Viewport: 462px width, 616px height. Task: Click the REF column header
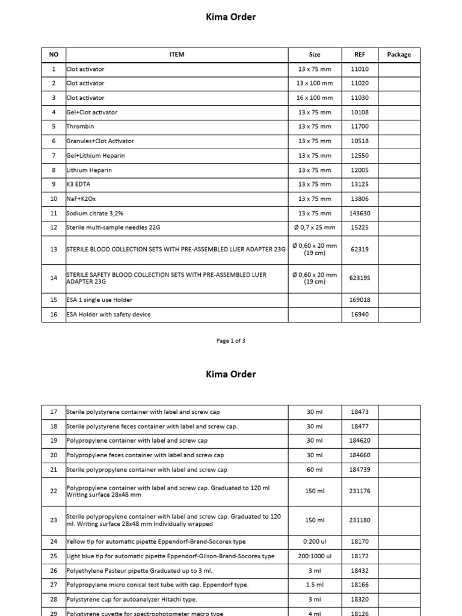tap(359, 55)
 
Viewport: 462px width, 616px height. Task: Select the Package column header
tap(399, 55)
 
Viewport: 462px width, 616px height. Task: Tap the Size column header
tap(314, 55)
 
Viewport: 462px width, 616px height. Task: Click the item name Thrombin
tap(81, 127)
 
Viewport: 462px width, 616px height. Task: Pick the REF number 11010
tap(359, 69)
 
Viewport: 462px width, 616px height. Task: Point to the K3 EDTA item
tap(79, 185)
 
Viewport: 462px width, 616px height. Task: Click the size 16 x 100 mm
tap(314, 98)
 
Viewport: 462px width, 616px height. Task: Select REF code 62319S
tap(359, 278)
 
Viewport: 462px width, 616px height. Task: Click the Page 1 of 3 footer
tap(230, 341)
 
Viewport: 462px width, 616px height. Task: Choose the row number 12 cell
tap(54, 228)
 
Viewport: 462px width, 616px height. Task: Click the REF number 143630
tap(359, 214)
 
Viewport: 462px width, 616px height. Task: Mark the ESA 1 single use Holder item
tap(99, 300)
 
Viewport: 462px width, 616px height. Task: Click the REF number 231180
tap(359, 520)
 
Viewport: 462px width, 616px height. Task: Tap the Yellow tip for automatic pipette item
tap(156, 542)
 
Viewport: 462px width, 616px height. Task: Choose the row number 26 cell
tap(54, 571)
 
